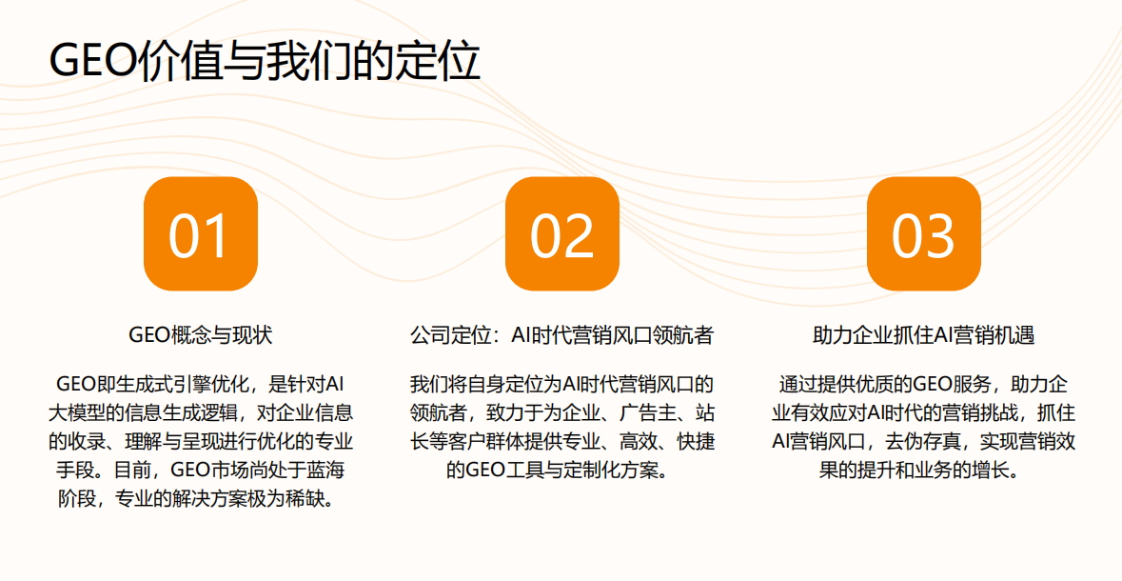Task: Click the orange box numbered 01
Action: tap(201, 233)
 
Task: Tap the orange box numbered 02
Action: tap(561, 233)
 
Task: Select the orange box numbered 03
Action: tap(924, 233)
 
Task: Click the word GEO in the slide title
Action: tap(90, 63)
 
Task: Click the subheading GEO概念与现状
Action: tap(201, 335)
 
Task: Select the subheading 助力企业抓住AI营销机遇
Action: tap(924, 335)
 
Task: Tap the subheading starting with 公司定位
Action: tap(561, 335)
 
